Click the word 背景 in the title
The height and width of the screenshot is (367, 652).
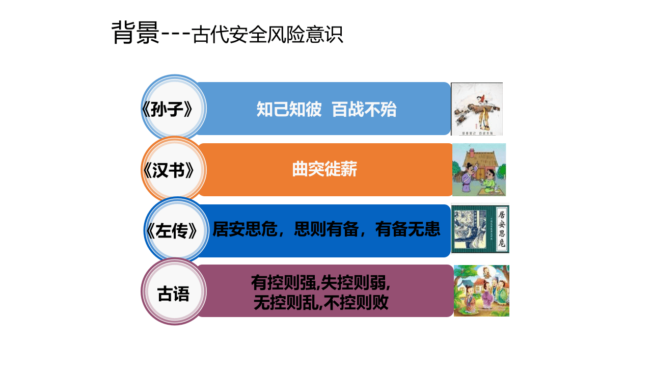[135, 34]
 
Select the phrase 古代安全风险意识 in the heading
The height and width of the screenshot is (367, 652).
[268, 35]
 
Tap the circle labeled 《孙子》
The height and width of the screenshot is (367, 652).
[174, 109]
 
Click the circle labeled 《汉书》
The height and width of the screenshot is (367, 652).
[174, 170]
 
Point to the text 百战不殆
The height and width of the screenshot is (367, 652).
[364, 110]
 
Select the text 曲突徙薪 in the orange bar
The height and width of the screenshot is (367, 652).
[324, 169]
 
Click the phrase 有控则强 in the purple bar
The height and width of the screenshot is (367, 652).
[283, 282]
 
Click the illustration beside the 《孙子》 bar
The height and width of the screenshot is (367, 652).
[477, 109]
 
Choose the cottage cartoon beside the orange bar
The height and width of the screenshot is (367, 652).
[479, 170]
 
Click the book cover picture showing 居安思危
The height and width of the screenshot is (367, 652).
[480, 229]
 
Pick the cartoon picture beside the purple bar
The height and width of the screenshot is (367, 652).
[481, 291]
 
